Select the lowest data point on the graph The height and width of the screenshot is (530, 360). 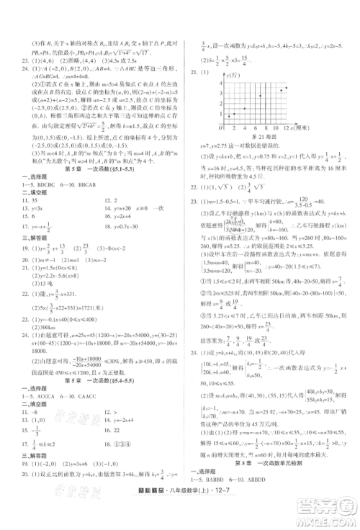click(229, 116)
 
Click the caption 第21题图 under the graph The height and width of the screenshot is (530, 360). click(263, 137)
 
